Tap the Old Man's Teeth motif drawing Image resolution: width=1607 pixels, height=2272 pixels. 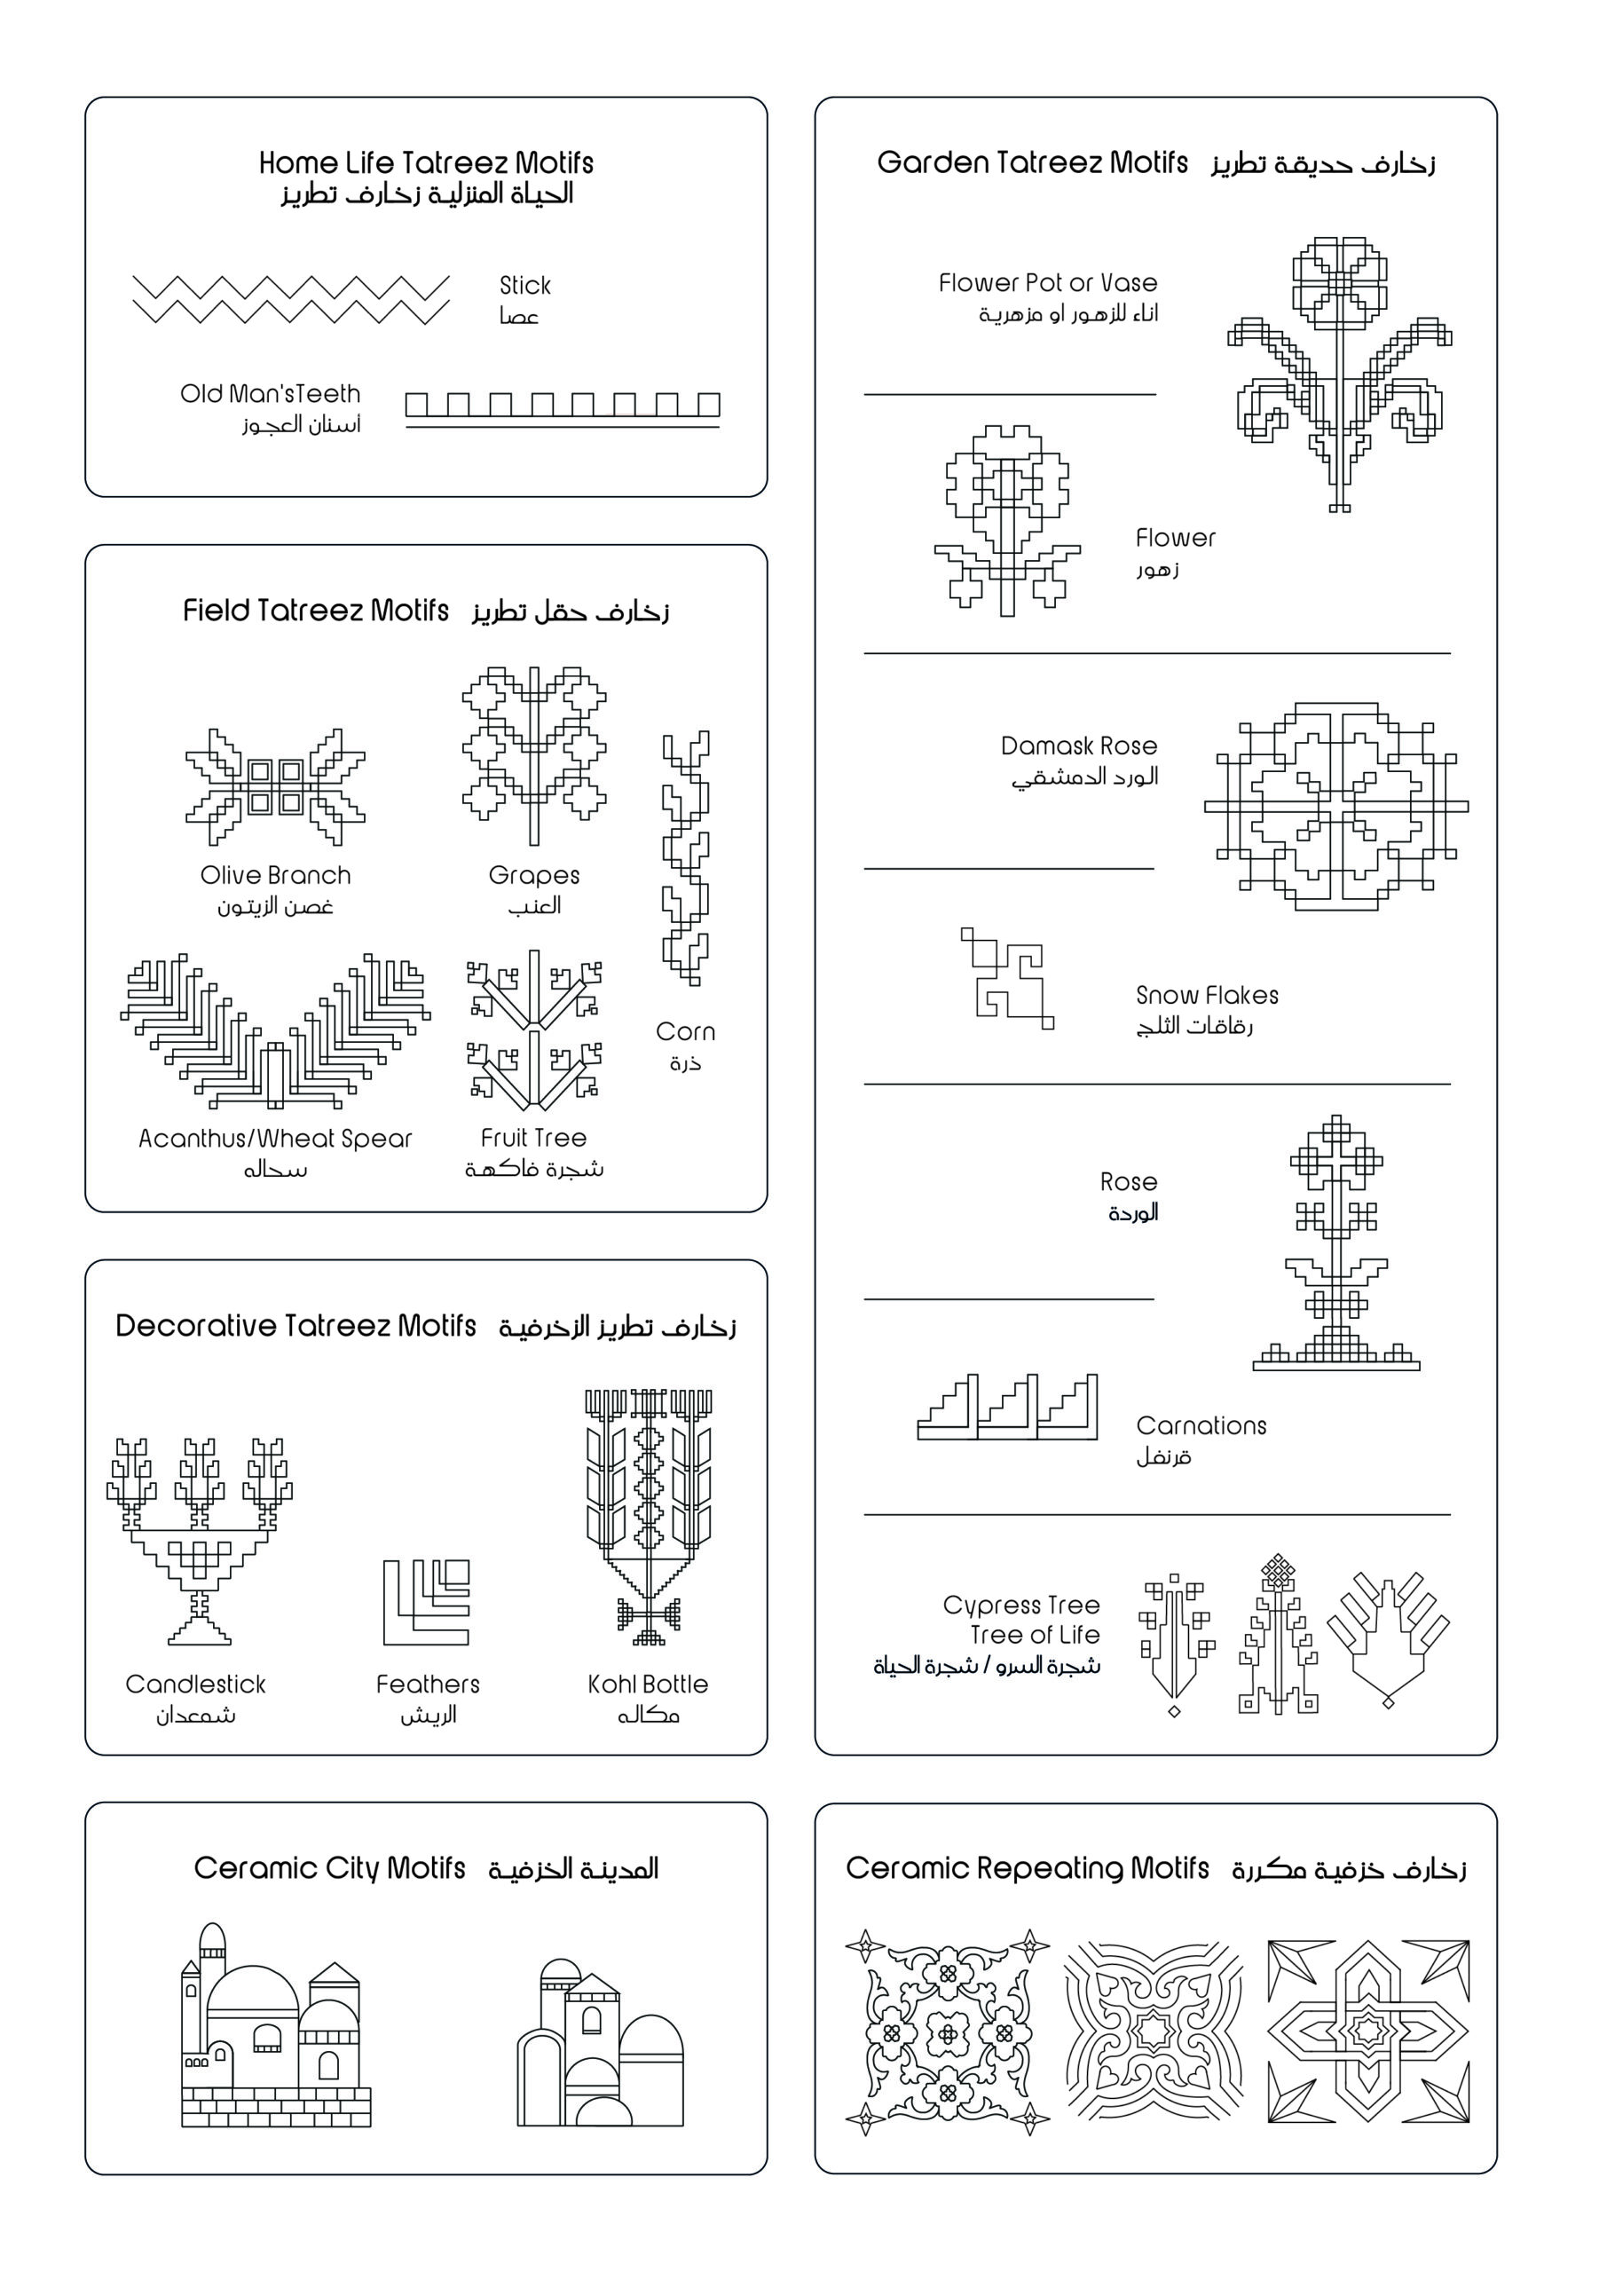(x=562, y=407)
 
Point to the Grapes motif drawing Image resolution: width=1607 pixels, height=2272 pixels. (x=534, y=756)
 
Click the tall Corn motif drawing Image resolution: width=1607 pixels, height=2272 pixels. (x=686, y=857)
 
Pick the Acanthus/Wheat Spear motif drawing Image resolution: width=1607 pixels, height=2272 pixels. (x=275, y=1032)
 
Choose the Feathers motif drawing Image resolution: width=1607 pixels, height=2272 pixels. (x=427, y=1602)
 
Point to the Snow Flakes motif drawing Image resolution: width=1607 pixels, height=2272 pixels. (x=1006, y=979)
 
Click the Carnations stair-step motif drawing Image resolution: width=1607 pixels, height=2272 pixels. (x=1007, y=1406)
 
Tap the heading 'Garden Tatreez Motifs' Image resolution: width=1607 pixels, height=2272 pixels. (x=1032, y=162)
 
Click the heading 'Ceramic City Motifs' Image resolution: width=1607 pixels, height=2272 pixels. (x=329, y=1868)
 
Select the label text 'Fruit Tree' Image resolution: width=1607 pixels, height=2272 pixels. (x=533, y=1138)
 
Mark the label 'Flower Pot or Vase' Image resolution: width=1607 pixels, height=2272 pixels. (x=1048, y=283)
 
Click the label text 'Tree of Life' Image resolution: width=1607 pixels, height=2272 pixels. (x=1035, y=1635)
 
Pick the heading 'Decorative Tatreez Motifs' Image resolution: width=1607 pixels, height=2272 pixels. (x=295, y=1326)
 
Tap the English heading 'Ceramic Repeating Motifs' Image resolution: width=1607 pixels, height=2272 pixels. (x=1028, y=1868)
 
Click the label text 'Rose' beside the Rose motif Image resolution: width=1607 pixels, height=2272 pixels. (x=1128, y=1181)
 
